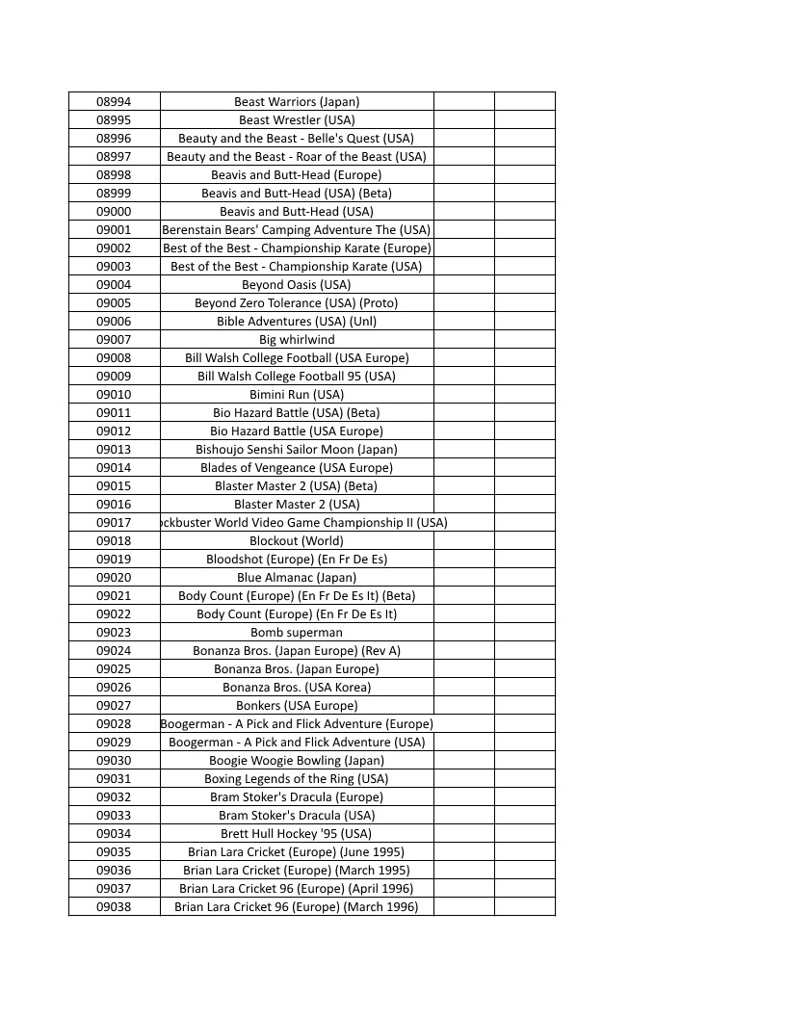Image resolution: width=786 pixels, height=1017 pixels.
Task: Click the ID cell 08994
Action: (114, 101)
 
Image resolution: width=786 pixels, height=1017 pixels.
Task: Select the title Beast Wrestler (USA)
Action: (297, 120)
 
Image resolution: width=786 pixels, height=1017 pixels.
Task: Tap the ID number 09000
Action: (114, 212)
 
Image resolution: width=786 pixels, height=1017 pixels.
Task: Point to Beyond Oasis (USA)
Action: (297, 285)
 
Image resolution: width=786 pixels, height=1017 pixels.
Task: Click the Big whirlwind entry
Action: (297, 340)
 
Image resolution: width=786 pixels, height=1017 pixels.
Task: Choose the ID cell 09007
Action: (114, 340)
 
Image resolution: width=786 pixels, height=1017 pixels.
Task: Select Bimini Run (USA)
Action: (297, 395)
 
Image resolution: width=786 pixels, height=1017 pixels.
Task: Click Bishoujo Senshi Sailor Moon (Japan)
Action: (297, 450)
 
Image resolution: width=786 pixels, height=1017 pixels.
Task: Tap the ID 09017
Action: (114, 523)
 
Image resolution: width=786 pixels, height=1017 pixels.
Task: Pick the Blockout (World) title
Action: (297, 541)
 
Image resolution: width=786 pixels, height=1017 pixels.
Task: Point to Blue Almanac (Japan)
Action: (297, 578)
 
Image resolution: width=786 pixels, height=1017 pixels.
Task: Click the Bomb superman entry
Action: (297, 633)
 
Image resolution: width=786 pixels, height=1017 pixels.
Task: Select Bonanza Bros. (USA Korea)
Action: (297, 688)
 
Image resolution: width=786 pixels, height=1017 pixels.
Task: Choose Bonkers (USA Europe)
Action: (297, 706)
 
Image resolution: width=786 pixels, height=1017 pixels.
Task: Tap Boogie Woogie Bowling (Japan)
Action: (297, 761)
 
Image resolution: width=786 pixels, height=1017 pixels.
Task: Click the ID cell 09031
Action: (114, 779)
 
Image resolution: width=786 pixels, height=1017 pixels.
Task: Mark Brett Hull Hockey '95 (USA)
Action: (297, 834)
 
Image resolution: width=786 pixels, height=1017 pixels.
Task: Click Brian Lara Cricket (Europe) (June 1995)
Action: (297, 852)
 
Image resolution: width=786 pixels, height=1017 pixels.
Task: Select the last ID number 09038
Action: (114, 907)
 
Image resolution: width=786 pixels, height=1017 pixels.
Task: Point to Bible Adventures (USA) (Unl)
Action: (297, 322)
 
